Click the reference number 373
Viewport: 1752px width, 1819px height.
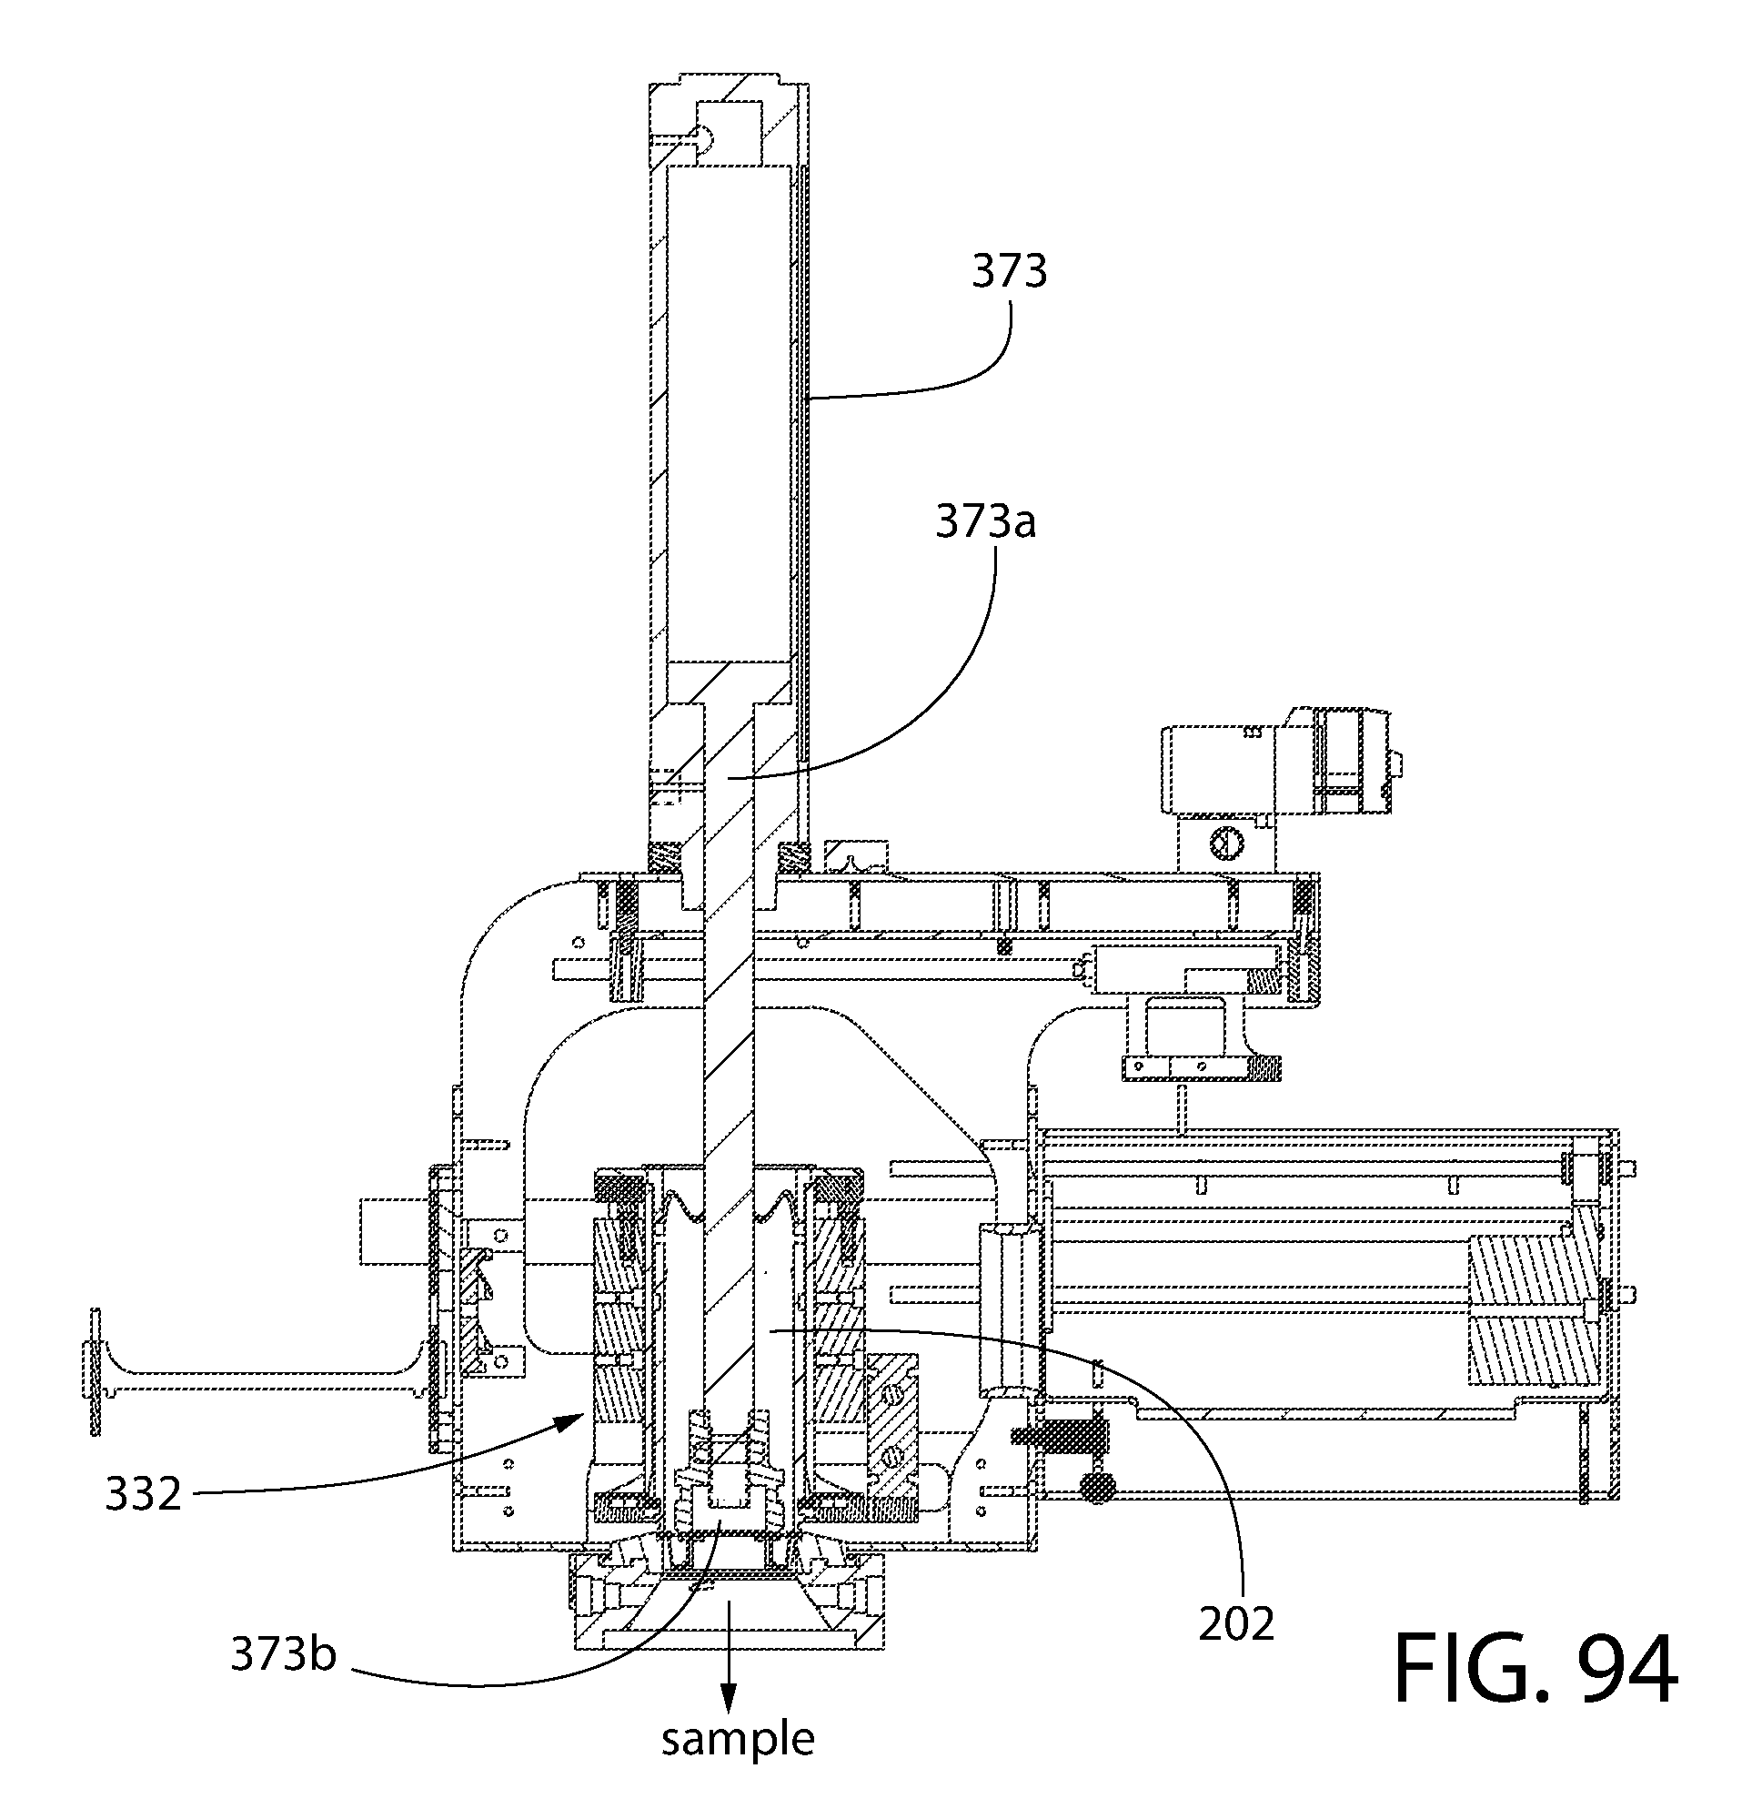1010,272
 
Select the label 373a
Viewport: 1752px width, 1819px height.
984,522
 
